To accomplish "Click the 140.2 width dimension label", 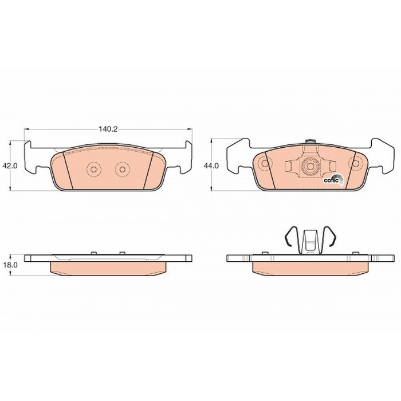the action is click(x=108, y=129).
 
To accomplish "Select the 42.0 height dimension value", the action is click(x=10, y=166).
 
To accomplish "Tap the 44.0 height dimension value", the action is click(x=211, y=166).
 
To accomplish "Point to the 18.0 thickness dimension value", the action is click(x=10, y=265).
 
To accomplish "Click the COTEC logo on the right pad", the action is click(x=333, y=179).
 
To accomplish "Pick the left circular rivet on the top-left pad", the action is click(x=94, y=169).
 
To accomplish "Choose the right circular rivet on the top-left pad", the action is click(x=123, y=169).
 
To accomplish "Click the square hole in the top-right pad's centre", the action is click(x=310, y=167).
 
